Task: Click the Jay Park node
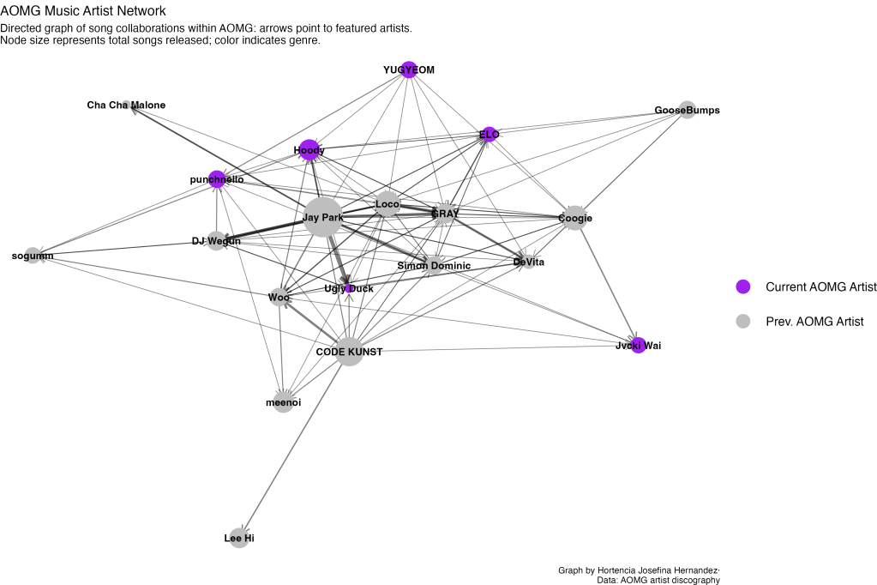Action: pos(323,218)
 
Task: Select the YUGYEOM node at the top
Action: pos(409,70)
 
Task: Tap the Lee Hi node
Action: pos(239,538)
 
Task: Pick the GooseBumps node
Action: pos(687,111)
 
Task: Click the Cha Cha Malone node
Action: pos(126,105)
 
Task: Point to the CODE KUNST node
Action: pos(349,351)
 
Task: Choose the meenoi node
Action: pos(284,401)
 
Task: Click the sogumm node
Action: pos(33,256)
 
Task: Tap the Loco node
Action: pos(387,204)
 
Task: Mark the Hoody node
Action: pos(309,150)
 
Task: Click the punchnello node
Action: pos(217,179)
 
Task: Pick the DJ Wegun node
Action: pos(216,241)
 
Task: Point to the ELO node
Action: pos(489,134)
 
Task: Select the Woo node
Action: pos(279,298)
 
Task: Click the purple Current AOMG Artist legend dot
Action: pos(743,286)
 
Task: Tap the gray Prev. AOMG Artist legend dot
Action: pos(743,321)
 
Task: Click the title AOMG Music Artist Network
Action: pos(83,10)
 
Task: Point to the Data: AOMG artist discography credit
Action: pos(658,580)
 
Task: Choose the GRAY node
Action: pos(444,213)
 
